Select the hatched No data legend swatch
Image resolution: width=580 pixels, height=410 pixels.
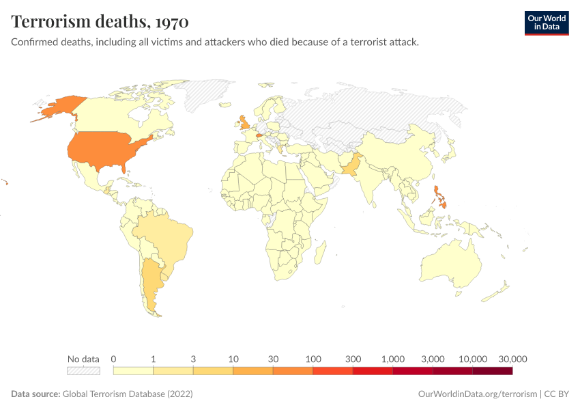click(x=83, y=371)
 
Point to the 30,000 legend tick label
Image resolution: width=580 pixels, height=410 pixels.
click(x=512, y=359)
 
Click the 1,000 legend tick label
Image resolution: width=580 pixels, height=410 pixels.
click(x=393, y=359)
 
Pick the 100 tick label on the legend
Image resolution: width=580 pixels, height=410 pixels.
click(x=313, y=359)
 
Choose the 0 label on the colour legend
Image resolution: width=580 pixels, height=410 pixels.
click(x=113, y=359)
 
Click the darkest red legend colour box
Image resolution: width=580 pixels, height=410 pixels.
click(x=492, y=371)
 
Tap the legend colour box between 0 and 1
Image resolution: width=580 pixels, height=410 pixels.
click(x=133, y=371)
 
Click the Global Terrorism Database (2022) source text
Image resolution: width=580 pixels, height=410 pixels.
click(x=128, y=394)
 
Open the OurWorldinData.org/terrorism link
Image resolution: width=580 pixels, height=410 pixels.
click(x=476, y=394)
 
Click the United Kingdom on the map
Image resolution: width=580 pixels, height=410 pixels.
click(x=244, y=124)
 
